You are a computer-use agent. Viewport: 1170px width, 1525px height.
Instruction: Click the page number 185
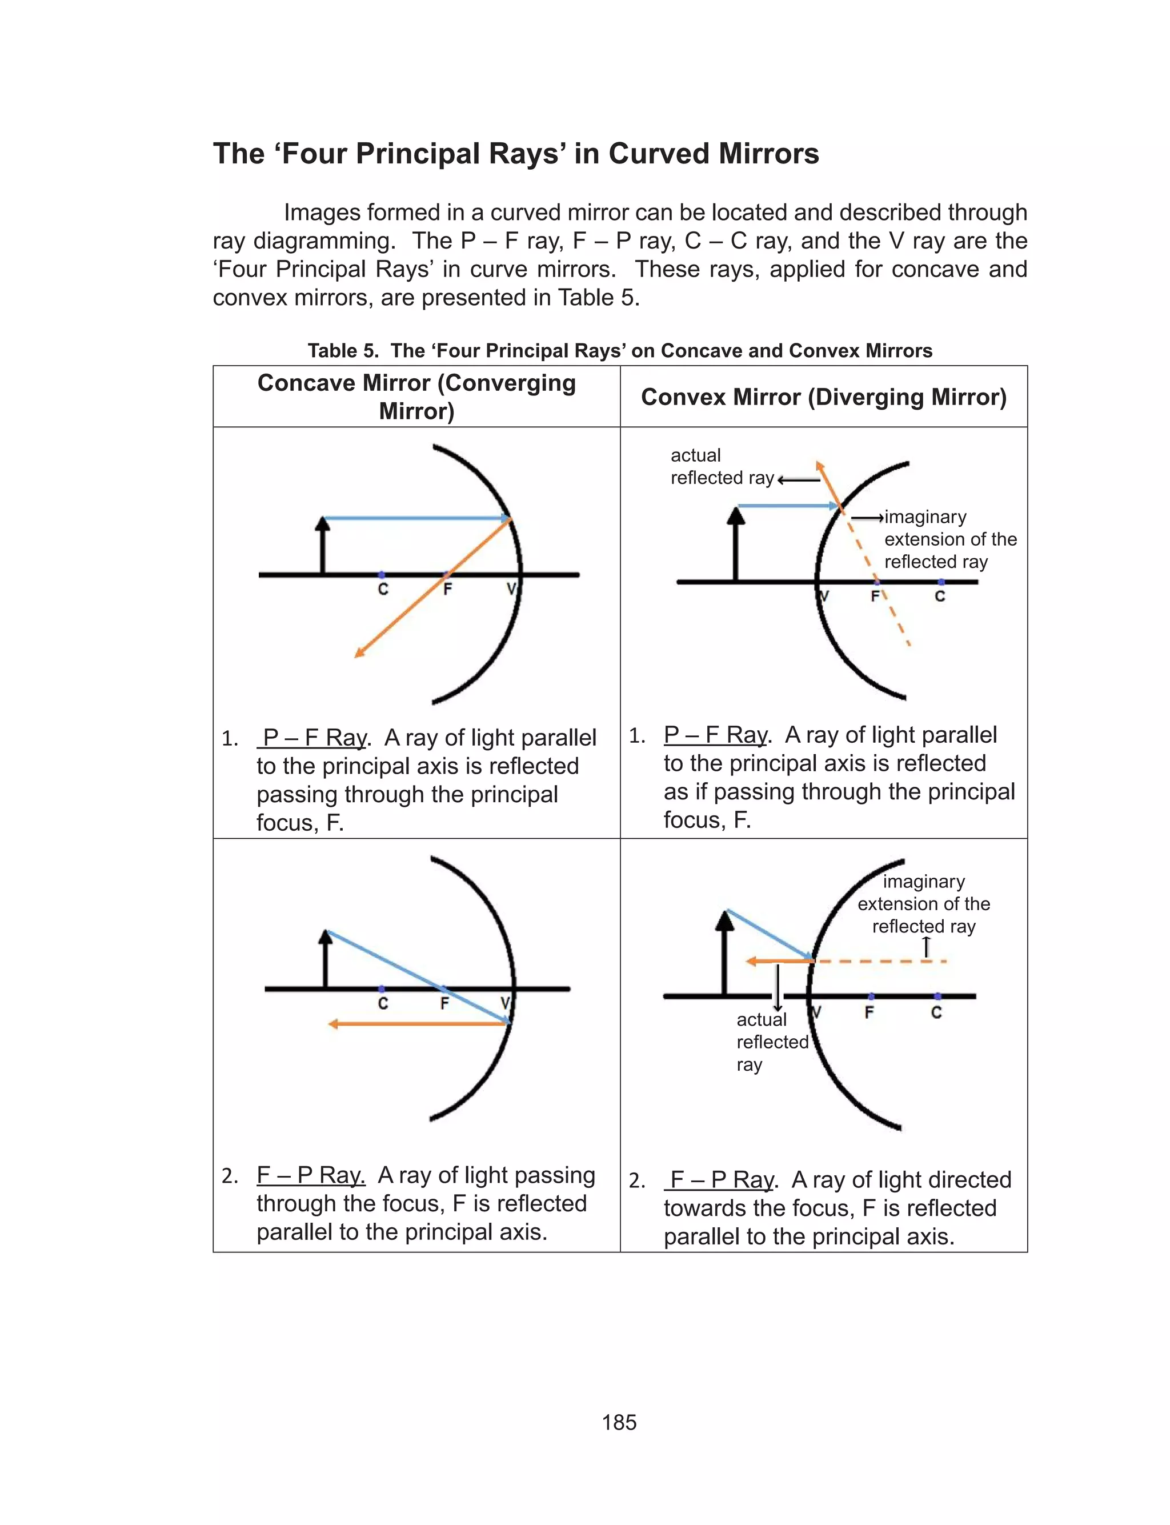(x=619, y=1422)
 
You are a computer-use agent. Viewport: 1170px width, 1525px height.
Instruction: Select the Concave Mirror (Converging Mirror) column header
(x=416, y=396)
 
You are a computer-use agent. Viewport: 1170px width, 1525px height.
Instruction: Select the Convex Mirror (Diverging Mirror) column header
(x=823, y=397)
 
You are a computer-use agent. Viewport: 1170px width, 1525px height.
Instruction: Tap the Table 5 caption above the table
(x=619, y=350)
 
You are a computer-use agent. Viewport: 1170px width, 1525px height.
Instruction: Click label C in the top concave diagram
(x=383, y=590)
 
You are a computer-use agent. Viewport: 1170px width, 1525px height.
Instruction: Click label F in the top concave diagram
(x=447, y=589)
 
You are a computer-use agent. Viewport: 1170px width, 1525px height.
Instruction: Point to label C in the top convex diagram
(x=939, y=596)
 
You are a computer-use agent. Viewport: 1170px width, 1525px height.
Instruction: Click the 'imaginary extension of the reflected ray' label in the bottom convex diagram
(x=923, y=904)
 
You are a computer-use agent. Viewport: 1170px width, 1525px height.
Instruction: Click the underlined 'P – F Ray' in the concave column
(x=314, y=738)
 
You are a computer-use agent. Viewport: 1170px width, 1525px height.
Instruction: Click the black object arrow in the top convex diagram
(x=735, y=547)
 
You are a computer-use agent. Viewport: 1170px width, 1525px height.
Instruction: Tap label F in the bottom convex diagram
(x=869, y=1012)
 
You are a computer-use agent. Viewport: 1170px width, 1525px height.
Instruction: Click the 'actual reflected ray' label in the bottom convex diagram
(x=771, y=1042)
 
